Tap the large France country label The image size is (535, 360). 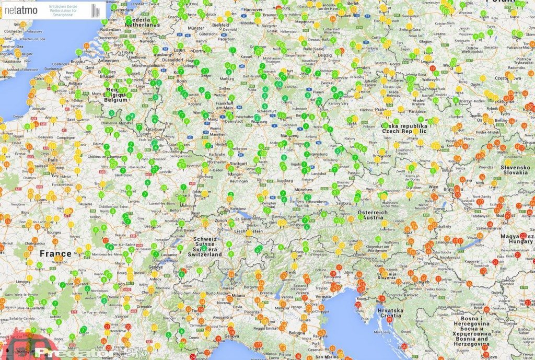[x=55, y=254]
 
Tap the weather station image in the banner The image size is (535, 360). [x=95, y=10]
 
